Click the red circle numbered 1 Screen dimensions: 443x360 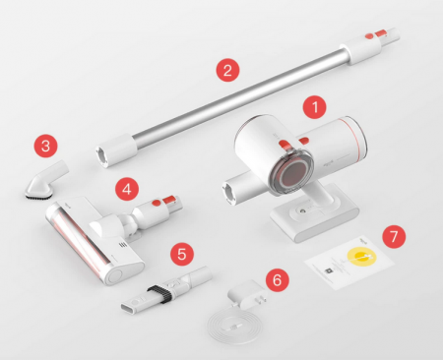[315, 107]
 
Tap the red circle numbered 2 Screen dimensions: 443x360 [227, 70]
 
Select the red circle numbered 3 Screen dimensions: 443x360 [46, 146]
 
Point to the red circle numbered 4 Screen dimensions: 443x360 [127, 189]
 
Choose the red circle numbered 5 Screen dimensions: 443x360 [182, 254]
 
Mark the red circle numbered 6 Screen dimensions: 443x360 [278, 279]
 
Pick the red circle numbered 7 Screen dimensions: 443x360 [394, 236]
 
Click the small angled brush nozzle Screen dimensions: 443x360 [46, 181]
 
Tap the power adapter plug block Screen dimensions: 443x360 [248, 294]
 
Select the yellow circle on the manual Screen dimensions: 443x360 [359, 256]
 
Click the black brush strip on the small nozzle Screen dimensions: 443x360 [38, 197]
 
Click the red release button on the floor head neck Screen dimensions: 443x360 [158, 203]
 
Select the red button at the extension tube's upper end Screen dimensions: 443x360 [369, 35]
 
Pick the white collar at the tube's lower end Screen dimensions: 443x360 [116, 150]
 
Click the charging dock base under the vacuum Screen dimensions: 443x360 [314, 214]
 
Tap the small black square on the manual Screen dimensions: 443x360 [328, 270]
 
